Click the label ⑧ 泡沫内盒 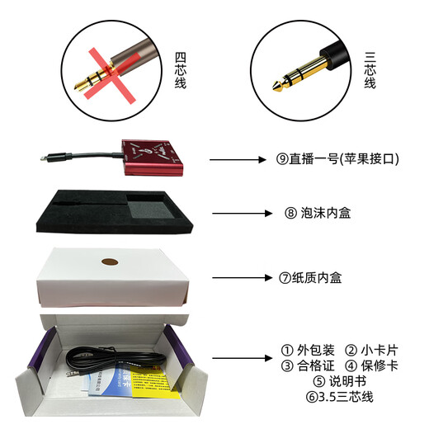coord(318,214)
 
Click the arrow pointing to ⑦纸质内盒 coord(241,278)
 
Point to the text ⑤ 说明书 coord(338,382)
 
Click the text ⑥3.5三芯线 coord(338,398)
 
